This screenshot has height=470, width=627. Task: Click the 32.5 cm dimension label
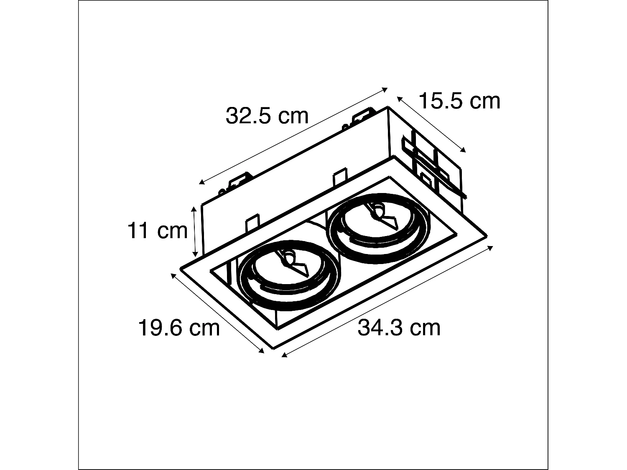pyautogui.click(x=267, y=116)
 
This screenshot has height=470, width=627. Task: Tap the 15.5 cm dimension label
pyautogui.click(x=459, y=101)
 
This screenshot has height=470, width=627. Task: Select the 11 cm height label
pyautogui.click(x=158, y=231)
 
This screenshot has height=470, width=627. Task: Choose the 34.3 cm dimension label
pyautogui.click(x=399, y=328)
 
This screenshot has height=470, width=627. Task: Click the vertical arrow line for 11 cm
pyautogui.click(x=195, y=232)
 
